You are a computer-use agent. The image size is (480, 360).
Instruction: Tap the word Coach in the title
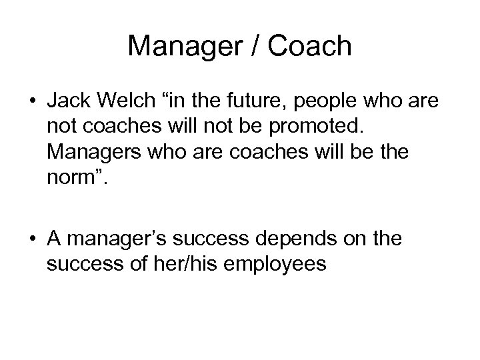[x=313, y=46]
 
